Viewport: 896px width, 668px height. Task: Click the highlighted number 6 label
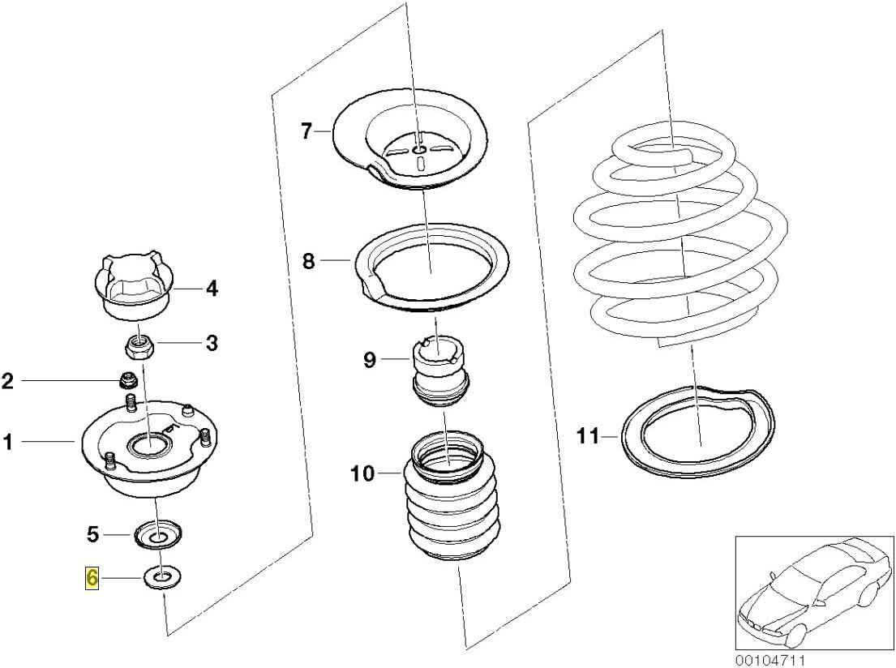point(92,578)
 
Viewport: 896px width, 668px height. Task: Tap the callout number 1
point(8,442)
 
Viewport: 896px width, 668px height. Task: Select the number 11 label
point(587,437)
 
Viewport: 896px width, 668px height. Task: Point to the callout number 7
point(306,131)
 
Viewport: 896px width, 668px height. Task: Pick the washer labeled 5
point(157,535)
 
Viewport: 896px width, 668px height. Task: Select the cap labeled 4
point(133,288)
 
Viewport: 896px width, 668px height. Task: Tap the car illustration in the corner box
point(811,588)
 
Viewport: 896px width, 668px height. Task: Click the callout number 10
point(363,473)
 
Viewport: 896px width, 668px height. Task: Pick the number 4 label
point(211,288)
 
